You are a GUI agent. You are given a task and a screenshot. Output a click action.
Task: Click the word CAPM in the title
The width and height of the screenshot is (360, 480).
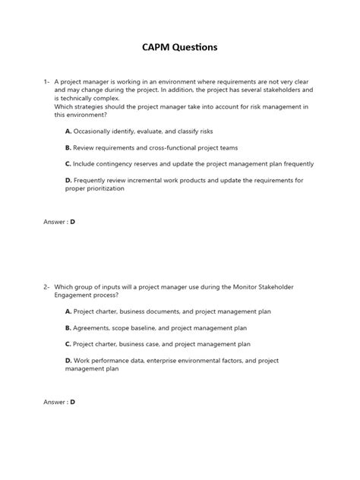coord(156,47)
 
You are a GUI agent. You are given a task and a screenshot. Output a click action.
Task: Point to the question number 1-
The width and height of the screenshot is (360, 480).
coord(47,81)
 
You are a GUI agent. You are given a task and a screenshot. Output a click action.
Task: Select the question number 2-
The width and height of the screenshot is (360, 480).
coord(47,286)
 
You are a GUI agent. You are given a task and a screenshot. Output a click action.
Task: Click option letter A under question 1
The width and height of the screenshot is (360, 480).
coord(68,131)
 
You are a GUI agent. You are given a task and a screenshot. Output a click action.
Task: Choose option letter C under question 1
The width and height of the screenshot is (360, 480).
coord(68,163)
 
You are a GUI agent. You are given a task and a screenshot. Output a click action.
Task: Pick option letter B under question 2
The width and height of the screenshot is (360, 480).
coord(68,327)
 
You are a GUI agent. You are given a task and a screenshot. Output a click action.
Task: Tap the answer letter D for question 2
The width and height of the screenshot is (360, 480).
coord(73,402)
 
